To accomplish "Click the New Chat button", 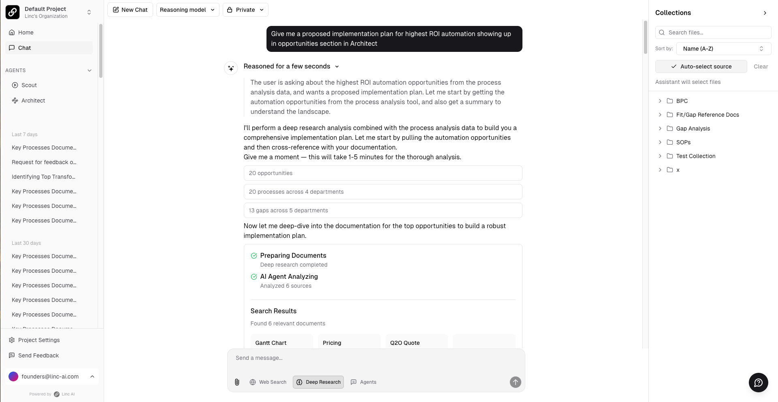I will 130,10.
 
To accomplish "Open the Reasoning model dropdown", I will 188,10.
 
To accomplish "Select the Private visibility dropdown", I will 245,10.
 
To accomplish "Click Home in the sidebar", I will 26,32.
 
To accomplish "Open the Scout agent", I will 29,85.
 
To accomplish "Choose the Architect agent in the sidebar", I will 33,100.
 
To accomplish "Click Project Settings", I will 38,340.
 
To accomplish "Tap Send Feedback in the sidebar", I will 38,355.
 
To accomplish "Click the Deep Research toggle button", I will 318,382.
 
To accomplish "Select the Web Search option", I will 268,382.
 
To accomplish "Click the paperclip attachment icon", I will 237,382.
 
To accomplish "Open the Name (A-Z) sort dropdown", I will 723,49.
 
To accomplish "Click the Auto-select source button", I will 701,66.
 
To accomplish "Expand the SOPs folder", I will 683,142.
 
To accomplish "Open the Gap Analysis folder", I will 693,128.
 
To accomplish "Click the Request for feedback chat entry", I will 44,162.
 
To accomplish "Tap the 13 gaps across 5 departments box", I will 383,210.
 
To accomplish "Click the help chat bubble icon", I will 758,383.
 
